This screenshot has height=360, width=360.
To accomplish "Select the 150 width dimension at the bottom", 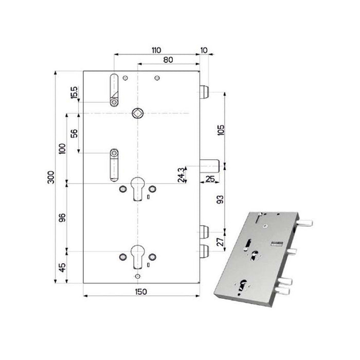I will coord(141,292).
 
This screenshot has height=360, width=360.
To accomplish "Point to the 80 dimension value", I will coord(168,60).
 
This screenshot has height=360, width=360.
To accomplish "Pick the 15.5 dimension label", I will coord(74,93).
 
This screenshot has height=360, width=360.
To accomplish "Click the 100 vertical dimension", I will coord(62,149).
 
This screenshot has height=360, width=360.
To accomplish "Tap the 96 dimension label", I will coord(62,217).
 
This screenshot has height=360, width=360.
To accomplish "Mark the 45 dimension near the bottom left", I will coord(62,267).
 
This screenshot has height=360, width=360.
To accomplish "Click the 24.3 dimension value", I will coord(182,175).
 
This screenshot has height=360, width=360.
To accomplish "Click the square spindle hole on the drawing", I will coord(137,113).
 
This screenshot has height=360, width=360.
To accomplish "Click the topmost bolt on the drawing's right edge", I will coord(204,93).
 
